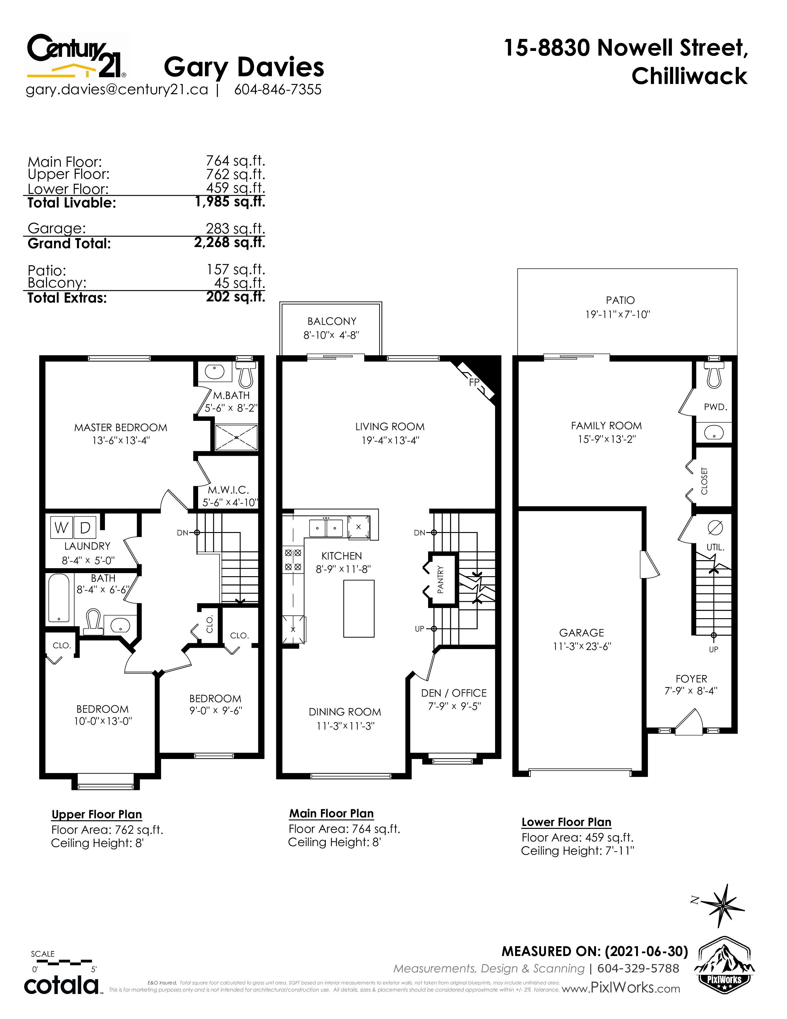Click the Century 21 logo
[x=76, y=55]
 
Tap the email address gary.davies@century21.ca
[x=117, y=89]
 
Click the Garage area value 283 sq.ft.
[x=235, y=228]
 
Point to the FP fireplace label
[x=474, y=382]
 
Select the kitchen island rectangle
[x=359, y=608]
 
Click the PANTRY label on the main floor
[x=440, y=580]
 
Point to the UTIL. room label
[x=715, y=547]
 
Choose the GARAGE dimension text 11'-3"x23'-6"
[x=582, y=646]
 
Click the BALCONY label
[x=331, y=321]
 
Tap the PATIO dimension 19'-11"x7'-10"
[x=618, y=314]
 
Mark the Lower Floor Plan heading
[x=566, y=822]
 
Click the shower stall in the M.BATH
[x=236, y=437]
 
